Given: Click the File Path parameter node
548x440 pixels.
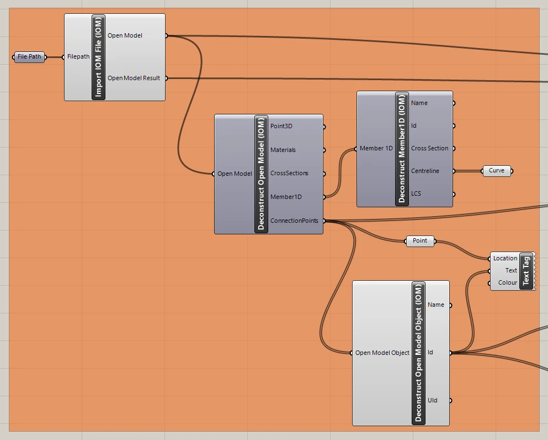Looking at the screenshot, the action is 29,57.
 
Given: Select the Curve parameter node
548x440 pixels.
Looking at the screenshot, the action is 497,171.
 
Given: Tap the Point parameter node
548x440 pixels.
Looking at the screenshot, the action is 420,241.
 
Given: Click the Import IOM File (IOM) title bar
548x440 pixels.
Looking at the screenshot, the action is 98,57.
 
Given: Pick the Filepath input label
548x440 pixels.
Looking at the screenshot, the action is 78,57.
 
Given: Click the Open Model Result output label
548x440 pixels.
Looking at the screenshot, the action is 134,78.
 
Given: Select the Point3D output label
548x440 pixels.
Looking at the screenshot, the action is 281,126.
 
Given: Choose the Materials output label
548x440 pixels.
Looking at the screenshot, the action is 283,150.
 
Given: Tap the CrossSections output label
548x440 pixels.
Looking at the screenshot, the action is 289,173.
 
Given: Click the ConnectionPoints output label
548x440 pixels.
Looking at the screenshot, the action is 294,221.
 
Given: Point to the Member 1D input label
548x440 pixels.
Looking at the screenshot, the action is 376,148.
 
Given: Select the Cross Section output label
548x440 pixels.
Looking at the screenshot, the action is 429,148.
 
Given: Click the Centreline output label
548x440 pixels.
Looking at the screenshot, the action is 425,171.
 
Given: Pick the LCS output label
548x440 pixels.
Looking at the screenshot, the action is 416,193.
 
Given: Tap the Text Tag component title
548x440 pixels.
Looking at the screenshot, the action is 526,271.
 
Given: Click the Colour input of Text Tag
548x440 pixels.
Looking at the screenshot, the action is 508,282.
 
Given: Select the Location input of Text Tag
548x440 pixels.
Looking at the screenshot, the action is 505,258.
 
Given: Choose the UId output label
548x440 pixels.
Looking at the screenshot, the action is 432,400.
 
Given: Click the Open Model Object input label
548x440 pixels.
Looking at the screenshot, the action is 382,353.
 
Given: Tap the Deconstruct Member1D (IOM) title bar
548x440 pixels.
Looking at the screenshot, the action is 402,149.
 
